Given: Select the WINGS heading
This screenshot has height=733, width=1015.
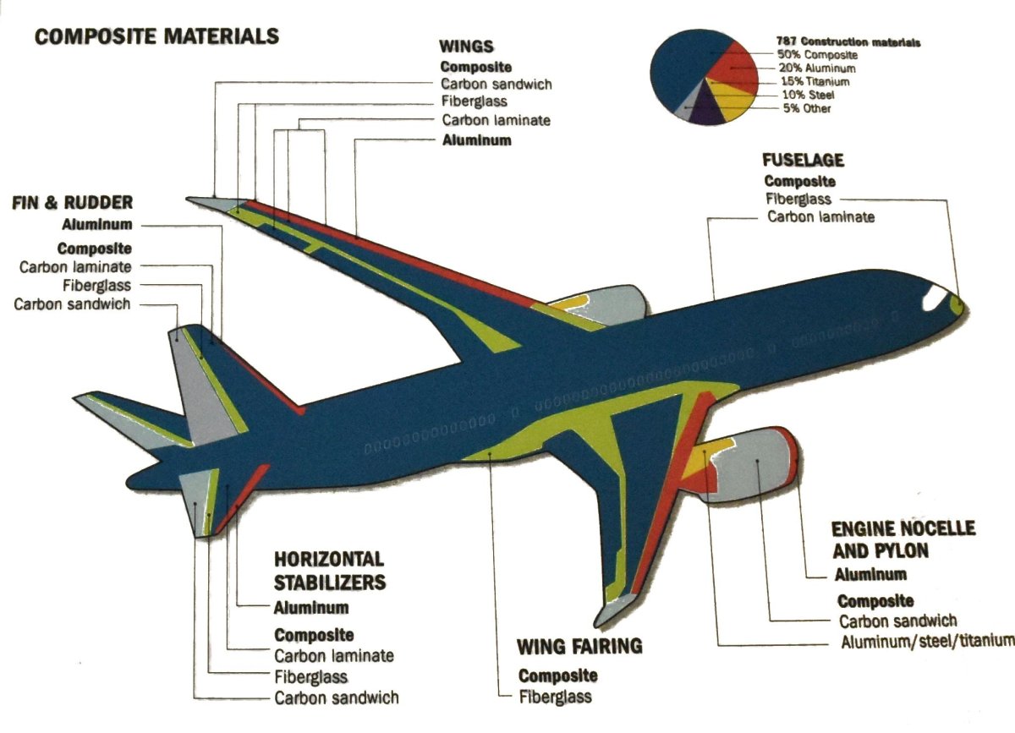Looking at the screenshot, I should click(x=467, y=46).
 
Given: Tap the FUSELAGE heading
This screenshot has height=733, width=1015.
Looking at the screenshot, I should click(x=803, y=160).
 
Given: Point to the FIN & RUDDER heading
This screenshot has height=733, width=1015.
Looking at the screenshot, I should click(x=72, y=203).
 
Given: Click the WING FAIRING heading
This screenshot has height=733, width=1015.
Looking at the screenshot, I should click(x=580, y=647).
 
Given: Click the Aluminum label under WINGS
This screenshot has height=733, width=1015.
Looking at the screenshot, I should click(x=477, y=140).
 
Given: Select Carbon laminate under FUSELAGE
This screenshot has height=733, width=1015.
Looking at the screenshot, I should click(x=820, y=217).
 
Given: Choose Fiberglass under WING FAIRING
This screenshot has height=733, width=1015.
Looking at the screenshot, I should click(x=555, y=697).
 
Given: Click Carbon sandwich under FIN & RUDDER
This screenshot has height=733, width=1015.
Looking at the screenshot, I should click(x=72, y=304).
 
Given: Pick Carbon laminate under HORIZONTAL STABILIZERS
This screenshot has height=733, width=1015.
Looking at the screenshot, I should click(x=334, y=655).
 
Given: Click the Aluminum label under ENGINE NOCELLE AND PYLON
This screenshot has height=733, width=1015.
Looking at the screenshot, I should click(x=871, y=574).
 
